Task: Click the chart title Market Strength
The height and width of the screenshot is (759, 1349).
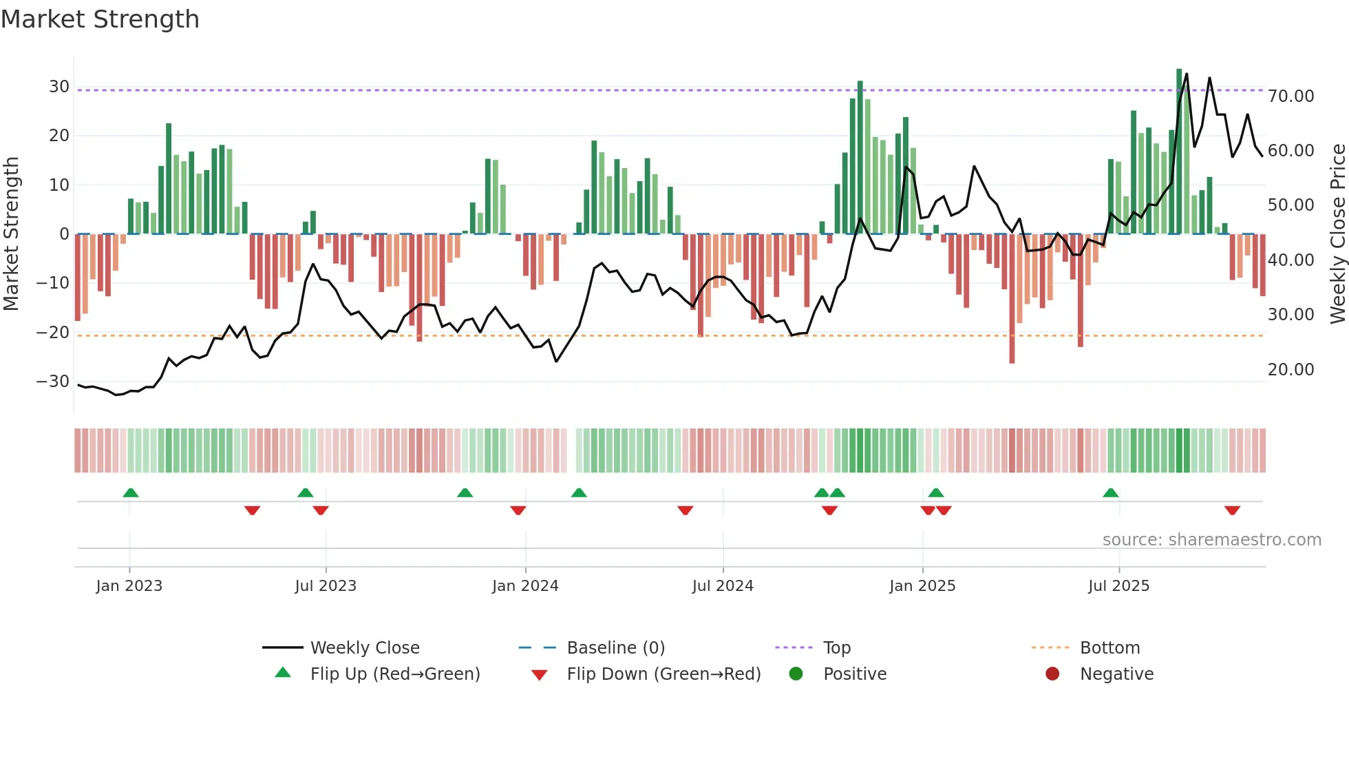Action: [100, 19]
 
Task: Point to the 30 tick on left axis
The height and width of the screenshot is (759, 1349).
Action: [59, 87]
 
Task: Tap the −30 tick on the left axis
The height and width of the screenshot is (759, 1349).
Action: [53, 382]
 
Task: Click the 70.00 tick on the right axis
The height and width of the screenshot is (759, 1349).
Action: [1290, 96]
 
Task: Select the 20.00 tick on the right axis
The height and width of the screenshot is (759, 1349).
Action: [1290, 370]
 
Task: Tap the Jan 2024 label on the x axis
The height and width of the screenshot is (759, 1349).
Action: [525, 586]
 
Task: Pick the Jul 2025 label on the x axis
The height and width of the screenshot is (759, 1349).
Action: [1118, 586]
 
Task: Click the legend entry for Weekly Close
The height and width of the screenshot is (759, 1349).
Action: [364, 648]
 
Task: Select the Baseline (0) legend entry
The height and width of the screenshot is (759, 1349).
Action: [615, 648]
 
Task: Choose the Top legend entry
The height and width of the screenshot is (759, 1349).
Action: [836, 648]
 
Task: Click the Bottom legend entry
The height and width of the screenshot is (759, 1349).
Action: [1109, 648]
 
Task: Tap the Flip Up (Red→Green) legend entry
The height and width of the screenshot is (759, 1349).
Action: [394, 674]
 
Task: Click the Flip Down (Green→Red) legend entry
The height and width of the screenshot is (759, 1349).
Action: [663, 674]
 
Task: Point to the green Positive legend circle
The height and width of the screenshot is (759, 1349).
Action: [796, 674]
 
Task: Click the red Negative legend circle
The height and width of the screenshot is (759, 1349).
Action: [1052, 674]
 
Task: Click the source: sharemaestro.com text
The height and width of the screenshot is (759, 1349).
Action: [1211, 540]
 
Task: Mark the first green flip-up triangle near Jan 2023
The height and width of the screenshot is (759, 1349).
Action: [131, 492]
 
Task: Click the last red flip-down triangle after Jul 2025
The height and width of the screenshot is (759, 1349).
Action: [1232, 510]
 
